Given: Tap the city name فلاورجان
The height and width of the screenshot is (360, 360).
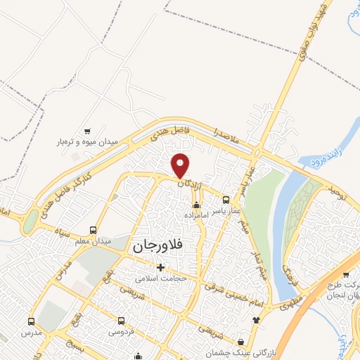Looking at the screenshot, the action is [x=156, y=246].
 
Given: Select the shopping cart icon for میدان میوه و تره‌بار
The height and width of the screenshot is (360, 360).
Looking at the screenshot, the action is [x=87, y=131].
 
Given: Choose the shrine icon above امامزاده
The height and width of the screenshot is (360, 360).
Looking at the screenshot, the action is [x=195, y=206].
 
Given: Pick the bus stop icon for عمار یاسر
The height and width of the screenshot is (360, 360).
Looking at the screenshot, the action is [x=226, y=199].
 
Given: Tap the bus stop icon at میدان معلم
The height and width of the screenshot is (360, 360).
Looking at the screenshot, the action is [x=94, y=230].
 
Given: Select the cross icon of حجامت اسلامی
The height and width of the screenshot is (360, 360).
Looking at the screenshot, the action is [x=161, y=267].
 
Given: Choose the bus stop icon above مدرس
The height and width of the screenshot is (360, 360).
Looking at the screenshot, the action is [x=31, y=321].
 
